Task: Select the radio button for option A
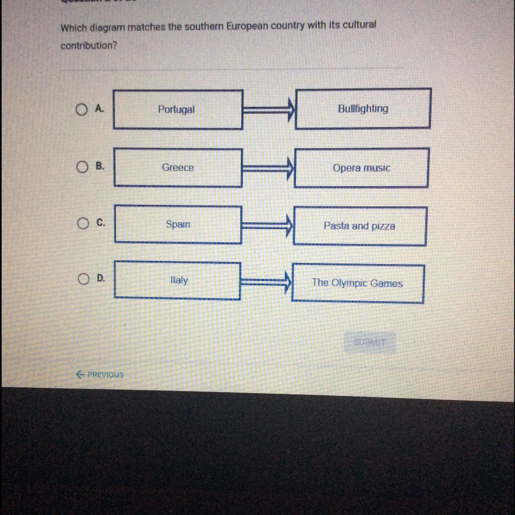click(82, 110)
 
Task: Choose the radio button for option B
click(82, 167)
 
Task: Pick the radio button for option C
click(83, 223)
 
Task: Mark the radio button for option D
click(83, 279)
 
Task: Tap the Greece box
click(178, 167)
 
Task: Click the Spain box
click(178, 224)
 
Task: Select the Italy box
click(178, 281)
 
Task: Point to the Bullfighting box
click(363, 109)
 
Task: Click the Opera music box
click(361, 168)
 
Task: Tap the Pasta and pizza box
click(360, 226)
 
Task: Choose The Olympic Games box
click(357, 283)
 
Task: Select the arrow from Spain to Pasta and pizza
click(267, 225)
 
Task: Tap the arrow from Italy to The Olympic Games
click(266, 282)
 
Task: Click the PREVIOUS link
click(100, 375)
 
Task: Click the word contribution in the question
click(88, 45)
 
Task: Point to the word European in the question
click(247, 26)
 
